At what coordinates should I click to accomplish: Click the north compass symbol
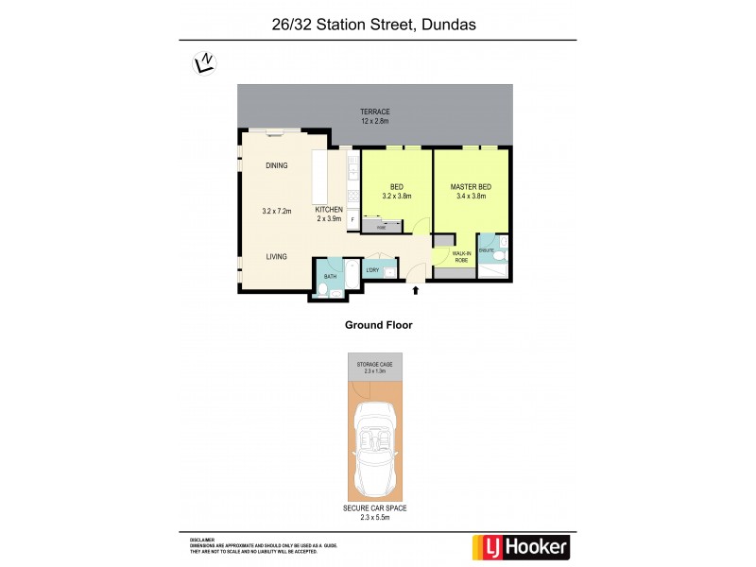tap(204, 63)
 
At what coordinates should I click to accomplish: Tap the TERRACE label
tap(374, 112)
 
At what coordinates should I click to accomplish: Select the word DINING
tap(276, 165)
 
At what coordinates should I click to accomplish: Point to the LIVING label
tap(276, 256)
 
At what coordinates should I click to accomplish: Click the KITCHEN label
tap(329, 210)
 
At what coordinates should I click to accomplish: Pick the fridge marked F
tap(352, 220)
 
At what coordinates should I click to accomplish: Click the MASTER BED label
tap(471, 187)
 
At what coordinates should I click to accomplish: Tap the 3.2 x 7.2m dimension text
tap(277, 211)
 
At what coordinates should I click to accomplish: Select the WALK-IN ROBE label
tap(461, 256)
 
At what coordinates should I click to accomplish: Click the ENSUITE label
tap(487, 250)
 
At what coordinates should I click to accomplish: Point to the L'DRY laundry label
tap(372, 271)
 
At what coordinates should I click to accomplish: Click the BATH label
tap(329, 276)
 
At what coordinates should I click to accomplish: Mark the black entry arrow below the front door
tap(415, 289)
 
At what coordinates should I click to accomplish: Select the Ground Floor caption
tap(378, 324)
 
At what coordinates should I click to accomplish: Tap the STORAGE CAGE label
tap(375, 364)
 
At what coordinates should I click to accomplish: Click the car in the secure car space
tap(375, 449)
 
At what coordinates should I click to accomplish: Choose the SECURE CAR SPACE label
tap(375, 507)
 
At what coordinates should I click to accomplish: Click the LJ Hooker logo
tap(520, 546)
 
